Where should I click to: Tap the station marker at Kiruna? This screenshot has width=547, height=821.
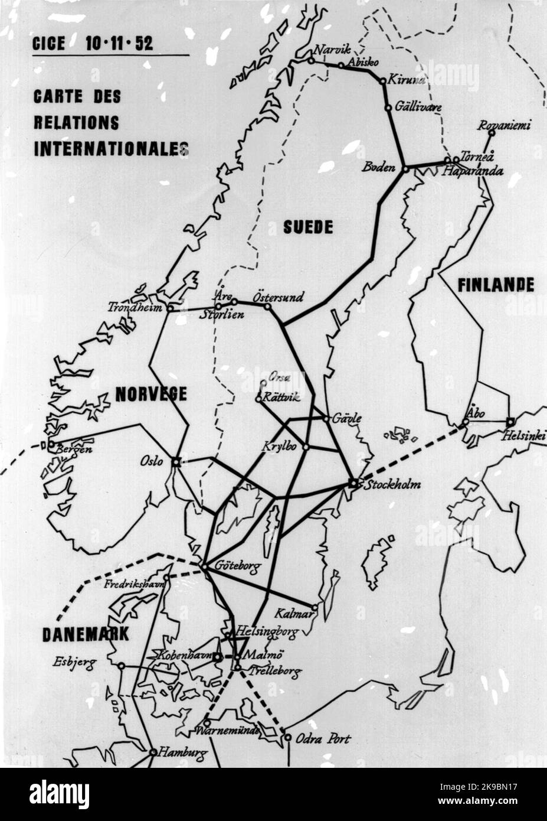coord(383,81)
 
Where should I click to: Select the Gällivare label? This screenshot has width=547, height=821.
coord(418,107)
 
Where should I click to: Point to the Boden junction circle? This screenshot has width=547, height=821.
coord(405,169)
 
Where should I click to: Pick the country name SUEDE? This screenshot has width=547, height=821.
coord(307,227)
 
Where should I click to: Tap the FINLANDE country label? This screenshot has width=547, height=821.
coord(496,285)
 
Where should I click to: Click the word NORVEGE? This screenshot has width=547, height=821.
coord(151,394)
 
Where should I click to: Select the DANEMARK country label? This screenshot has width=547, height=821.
coord(86,634)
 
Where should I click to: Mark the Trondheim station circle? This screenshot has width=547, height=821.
coord(170,308)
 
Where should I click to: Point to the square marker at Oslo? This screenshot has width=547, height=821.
coord(175,462)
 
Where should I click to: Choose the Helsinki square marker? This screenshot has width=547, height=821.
coord(510,422)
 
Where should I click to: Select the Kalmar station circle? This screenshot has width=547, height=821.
coord(315,607)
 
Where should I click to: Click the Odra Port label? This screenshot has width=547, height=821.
coord(323,739)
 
